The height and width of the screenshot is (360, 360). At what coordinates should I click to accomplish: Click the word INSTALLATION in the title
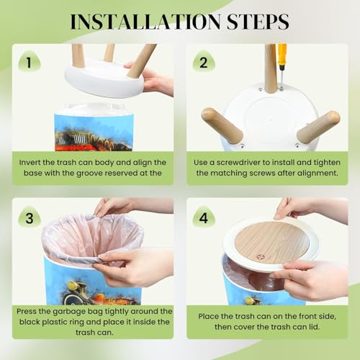click(x=145, y=22)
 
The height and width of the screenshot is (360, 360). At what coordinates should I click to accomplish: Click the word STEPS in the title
click(x=258, y=22)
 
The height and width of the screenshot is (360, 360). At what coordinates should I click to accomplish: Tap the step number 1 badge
click(x=30, y=62)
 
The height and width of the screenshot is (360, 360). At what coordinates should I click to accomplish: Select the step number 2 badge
click(x=204, y=62)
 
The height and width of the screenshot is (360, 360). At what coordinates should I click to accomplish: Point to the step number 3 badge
click(x=30, y=218)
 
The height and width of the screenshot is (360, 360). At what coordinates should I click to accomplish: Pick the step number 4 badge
click(x=204, y=218)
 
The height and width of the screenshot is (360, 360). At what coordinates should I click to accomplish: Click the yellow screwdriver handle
click(x=282, y=54)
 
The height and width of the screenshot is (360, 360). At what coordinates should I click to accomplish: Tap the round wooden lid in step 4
click(x=271, y=243)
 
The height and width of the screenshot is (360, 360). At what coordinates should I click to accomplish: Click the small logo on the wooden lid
click(x=260, y=257)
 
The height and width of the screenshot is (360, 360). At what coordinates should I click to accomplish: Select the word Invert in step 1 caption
click(x=30, y=162)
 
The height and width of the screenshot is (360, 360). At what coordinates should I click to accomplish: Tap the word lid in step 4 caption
click(x=315, y=327)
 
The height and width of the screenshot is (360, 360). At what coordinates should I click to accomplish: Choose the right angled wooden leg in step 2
click(x=318, y=127)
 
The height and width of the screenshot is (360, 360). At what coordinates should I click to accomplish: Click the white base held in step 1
click(x=105, y=78)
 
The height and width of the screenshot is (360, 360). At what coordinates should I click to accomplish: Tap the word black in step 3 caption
click(x=30, y=322)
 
